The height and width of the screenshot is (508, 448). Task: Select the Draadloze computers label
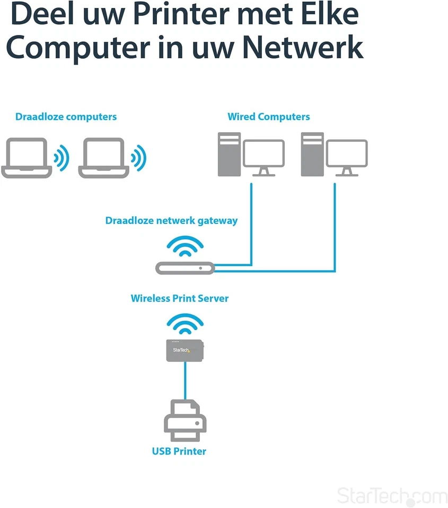pyautogui.click(x=66, y=117)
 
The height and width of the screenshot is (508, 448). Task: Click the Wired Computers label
pyautogui.click(x=269, y=117)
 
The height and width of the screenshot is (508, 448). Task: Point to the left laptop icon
pyautogui.click(x=27, y=158)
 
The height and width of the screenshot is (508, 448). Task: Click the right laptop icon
pyautogui.click(x=104, y=158)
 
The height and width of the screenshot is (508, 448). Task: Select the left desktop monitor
pyautogui.click(x=263, y=155)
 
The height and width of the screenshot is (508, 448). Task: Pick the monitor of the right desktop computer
pyautogui.click(x=347, y=155)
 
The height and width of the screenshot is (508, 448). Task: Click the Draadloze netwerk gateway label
pyautogui.click(x=171, y=221)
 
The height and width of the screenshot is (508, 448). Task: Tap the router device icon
pyautogui.click(x=185, y=268)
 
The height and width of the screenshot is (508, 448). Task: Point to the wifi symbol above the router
pyautogui.click(x=185, y=246)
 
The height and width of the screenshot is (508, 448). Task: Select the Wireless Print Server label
pyautogui.click(x=180, y=298)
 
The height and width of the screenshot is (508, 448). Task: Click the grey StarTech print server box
pyautogui.click(x=185, y=350)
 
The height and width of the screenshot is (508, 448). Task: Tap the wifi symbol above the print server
pyautogui.click(x=185, y=324)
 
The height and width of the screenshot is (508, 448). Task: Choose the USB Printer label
pyautogui.click(x=179, y=451)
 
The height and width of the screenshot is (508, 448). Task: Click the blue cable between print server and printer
pyautogui.click(x=185, y=381)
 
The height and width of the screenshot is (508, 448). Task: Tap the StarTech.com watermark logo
pyautogui.click(x=392, y=496)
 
